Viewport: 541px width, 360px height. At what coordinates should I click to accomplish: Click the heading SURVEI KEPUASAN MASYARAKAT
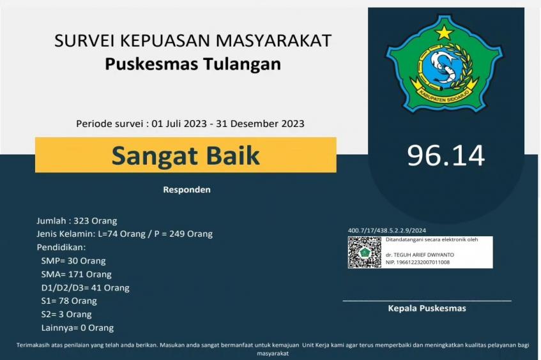(193, 40)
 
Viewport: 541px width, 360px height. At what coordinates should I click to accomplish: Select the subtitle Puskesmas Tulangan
(193, 64)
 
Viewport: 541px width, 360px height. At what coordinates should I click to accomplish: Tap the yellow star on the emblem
(444, 32)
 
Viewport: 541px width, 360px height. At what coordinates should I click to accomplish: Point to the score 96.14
(446, 156)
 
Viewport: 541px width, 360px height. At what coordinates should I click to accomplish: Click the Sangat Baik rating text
(186, 156)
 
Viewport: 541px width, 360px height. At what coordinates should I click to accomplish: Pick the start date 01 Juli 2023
(179, 123)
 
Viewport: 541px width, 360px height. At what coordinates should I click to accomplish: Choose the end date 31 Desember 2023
(260, 123)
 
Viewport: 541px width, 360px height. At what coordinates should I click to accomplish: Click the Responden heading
(187, 190)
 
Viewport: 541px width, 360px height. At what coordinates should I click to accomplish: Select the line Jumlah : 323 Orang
(77, 221)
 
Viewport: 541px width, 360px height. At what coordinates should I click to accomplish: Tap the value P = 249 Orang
(183, 234)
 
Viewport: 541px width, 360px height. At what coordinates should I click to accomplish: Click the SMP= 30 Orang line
(73, 260)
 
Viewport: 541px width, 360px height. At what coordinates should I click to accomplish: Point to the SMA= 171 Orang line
(76, 274)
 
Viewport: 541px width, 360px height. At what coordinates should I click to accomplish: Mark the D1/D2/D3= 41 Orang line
(85, 288)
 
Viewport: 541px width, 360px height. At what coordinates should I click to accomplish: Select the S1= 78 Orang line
(69, 301)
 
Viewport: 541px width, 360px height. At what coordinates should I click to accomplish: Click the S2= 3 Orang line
(66, 314)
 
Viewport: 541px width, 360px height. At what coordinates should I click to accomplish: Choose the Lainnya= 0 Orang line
(77, 327)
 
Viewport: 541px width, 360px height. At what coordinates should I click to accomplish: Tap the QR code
(365, 252)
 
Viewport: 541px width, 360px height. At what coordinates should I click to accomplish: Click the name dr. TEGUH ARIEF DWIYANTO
(420, 255)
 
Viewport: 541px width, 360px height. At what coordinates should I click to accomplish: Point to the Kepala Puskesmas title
(427, 308)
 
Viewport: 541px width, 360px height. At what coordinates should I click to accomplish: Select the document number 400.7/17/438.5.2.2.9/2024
(387, 230)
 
